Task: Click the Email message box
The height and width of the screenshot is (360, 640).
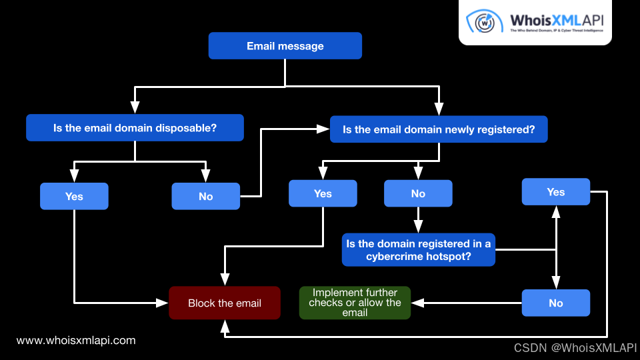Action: click(x=285, y=46)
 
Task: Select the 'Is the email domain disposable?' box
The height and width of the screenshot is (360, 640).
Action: click(x=135, y=128)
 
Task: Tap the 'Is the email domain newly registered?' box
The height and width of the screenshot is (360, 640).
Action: click(x=439, y=129)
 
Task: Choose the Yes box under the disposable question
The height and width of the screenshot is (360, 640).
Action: click(x=74, y=196)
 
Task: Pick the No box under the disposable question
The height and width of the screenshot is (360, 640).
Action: click(x=205, y=196)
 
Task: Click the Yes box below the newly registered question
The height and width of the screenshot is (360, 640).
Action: click(x=323, y=193)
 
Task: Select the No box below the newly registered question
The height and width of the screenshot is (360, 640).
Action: click(x=418, y=193)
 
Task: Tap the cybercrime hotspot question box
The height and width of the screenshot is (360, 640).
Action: click(x=418, y=249)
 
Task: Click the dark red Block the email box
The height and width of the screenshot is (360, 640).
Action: click(x=225, y=303)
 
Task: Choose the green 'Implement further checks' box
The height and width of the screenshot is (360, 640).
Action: click(x=355, y=303)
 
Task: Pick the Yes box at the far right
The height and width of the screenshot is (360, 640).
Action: click(x=556, y=192)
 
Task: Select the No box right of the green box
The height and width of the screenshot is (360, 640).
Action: click(x=556, y=303)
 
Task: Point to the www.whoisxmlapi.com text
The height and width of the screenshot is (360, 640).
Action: click(x=76, y=340)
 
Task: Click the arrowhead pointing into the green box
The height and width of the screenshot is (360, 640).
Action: click(x=417, y=303)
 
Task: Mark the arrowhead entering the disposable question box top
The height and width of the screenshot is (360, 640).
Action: click(x=135, y=107)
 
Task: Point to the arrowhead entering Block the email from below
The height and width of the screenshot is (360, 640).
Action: click(x=225, y=325)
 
